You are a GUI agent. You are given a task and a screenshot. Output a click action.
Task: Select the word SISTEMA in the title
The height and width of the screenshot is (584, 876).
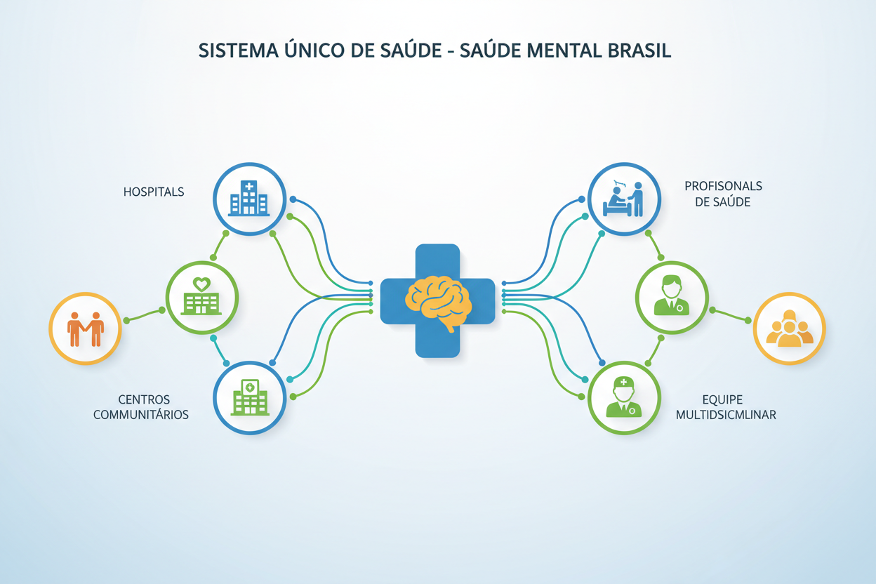[x=238, y=51]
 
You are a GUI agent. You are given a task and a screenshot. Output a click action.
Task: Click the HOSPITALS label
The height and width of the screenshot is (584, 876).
[x=154, y=192]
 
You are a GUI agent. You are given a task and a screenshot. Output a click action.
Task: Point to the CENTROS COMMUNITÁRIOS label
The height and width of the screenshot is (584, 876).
[x=141, y=407]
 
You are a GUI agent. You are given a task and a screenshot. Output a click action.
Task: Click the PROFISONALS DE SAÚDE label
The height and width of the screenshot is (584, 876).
[x=723, y=194]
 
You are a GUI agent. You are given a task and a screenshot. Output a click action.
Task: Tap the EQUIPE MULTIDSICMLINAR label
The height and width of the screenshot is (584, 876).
[x=726, y=407]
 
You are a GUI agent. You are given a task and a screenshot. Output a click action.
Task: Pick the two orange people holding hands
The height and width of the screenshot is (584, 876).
[x=86, y=329]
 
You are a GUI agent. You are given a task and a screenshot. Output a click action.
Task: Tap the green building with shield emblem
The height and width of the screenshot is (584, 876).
[x=250, y=397]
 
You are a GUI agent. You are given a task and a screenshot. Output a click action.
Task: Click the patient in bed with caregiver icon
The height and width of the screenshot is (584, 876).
[x=623, y=199]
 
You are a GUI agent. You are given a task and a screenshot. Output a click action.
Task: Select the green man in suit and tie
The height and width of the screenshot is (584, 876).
[x=672, y=296]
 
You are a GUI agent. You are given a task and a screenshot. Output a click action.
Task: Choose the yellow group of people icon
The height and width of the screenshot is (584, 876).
[x=790, y=328]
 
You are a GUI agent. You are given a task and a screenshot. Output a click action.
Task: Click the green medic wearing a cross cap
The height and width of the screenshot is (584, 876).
[x=624, y=397]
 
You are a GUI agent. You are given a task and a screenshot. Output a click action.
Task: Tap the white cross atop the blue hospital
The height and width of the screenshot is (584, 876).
[x=248, y=187]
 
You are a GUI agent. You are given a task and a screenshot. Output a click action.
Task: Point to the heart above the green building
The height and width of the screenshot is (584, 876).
[x=201, y=284]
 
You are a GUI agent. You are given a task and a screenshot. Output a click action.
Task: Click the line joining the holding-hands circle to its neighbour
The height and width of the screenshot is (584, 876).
[x=144, y=315]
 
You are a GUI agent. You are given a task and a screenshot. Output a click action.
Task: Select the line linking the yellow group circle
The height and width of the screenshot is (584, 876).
[x=730, y=315]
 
